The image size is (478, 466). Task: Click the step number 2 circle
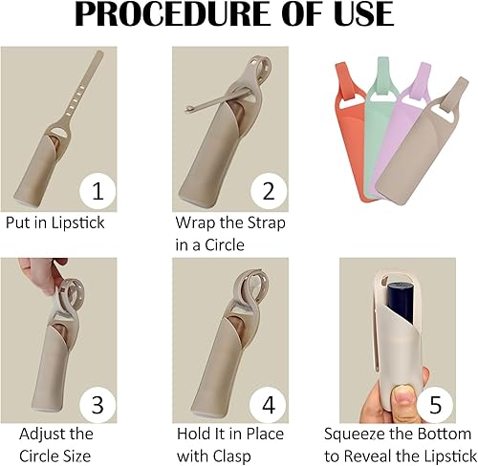(x=270, y=191)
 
